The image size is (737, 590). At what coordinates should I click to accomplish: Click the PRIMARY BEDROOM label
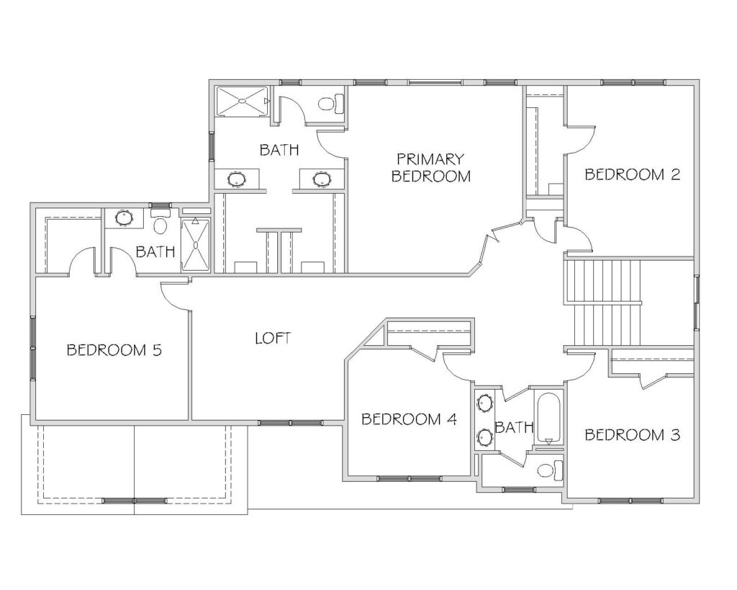click(x=430, y=168)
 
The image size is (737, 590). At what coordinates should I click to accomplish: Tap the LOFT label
click(x=273, y=338)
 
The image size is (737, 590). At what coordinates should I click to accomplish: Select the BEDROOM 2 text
click(x=632, y=174)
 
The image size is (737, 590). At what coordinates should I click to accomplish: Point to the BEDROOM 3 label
click(x=632, y=434)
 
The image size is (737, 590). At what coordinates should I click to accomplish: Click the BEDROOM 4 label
click(x=409, y=419)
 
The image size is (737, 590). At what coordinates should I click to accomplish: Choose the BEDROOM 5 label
click(x=114, y=349)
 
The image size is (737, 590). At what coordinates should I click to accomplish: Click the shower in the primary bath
click(x=243, y=101)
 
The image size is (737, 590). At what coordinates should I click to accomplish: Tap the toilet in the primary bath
click(x=331, y=104)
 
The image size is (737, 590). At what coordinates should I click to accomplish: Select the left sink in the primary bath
click(x=236, y=179)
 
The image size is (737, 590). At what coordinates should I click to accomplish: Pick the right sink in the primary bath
click(x=322, y=179)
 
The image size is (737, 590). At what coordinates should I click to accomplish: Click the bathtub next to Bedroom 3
click(x=548, y=418)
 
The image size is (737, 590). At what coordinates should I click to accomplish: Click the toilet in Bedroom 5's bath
click(x=160, y=222)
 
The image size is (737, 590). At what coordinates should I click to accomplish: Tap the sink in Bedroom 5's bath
click(x=124, y=218)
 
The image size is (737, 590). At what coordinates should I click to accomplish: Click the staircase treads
click(x=604, y=303)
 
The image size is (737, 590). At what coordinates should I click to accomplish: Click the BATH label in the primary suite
click(x=279, y=150)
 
